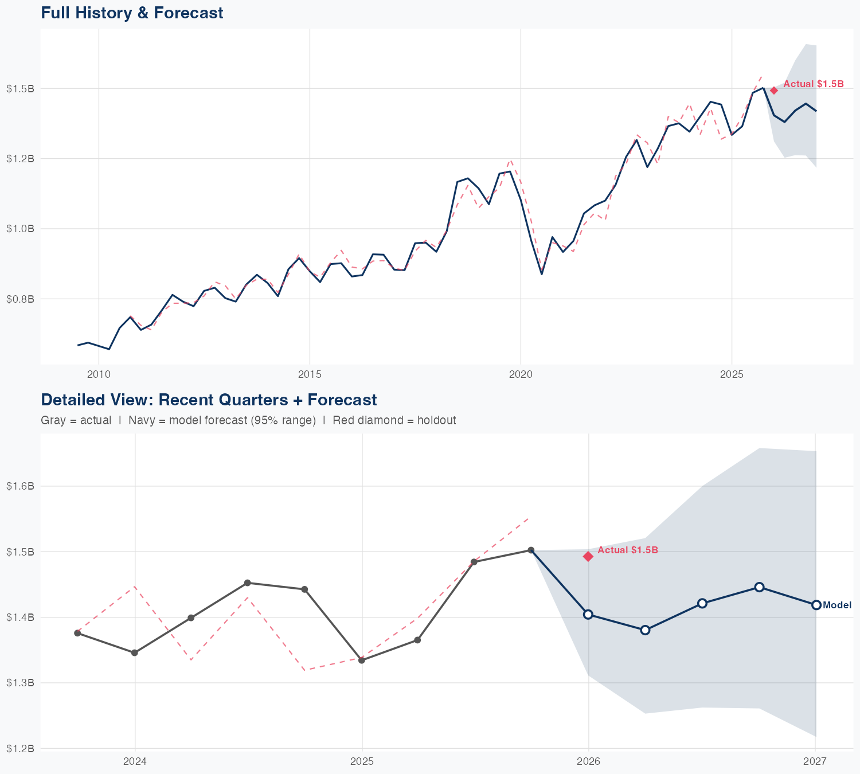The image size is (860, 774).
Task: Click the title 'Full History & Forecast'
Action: pos(132,13)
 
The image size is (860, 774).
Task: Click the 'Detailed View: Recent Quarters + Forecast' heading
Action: pos(209,400)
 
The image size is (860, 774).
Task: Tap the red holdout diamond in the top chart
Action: pos(773,90)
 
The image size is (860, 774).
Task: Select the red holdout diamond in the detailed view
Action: pos(588,556)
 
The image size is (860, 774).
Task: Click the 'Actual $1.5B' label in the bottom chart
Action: pos(628,550)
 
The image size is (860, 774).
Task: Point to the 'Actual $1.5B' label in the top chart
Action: pos(814,84)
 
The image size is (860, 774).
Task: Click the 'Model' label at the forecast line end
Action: pos(837,605)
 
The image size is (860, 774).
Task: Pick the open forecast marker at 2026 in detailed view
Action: pos(588,614)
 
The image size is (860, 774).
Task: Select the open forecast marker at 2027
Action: pos(816,605)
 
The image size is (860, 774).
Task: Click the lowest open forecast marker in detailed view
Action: pos(645,630)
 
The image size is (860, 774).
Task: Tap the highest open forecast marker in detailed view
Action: pos(759,587)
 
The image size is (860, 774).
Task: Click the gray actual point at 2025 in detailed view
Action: pos(362,660)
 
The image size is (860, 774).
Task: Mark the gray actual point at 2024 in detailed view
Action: pos(135,652)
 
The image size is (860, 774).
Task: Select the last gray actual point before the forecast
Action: pos(531,550)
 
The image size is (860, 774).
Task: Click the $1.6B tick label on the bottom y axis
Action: pos(20,486)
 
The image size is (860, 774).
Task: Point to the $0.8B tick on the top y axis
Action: pos(20,299)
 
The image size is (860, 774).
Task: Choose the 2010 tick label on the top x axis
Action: pos(99,375)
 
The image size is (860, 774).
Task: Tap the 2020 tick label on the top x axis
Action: pos(521,375)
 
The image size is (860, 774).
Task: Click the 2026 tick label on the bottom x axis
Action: pos(588,761)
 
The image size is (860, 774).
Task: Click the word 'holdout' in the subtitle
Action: pos(436,420)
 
